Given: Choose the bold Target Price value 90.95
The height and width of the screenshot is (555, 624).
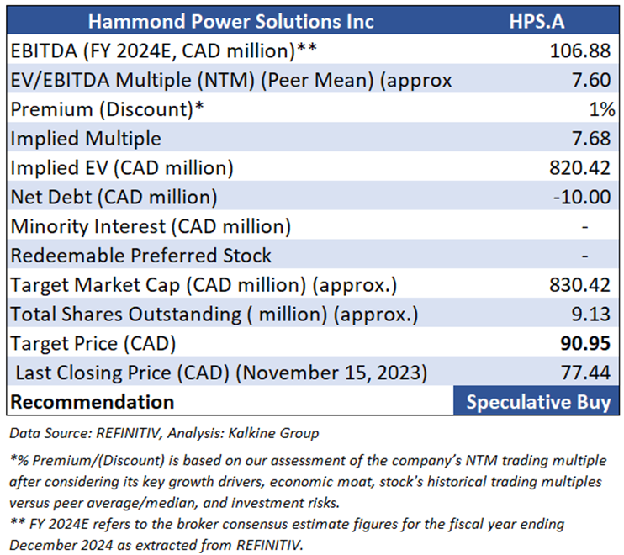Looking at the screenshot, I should pos(581,343).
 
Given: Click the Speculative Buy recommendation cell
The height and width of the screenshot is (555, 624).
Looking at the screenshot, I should pos(538,402).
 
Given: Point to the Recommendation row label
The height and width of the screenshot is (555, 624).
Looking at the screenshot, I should pos(92,402).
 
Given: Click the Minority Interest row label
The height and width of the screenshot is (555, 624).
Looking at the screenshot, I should pos(151,226).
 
